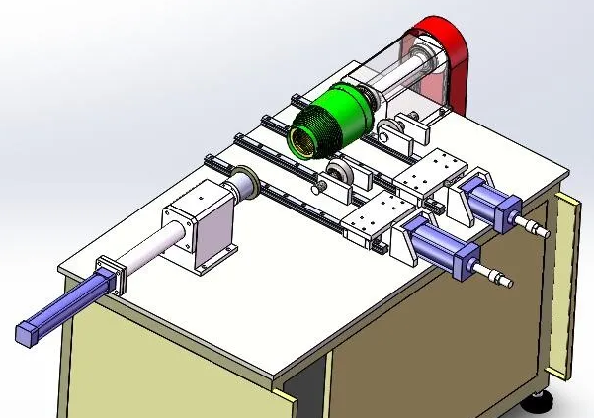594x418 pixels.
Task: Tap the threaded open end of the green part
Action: pyautogui.click(x=304, y=139)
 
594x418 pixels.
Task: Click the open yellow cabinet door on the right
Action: pyautogui.click(x=566, y=287)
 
